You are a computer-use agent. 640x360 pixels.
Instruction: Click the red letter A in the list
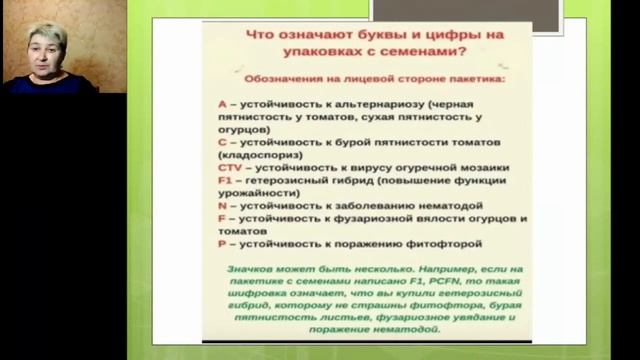tap(221, 103)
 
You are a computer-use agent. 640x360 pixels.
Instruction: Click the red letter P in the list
tap(221, 242)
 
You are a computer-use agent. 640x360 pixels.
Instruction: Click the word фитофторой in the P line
tap(445, 242)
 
